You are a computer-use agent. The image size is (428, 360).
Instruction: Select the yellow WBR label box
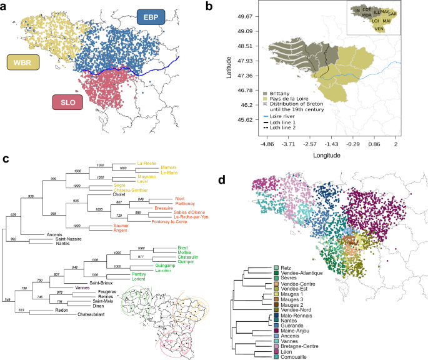click(24, 62)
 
